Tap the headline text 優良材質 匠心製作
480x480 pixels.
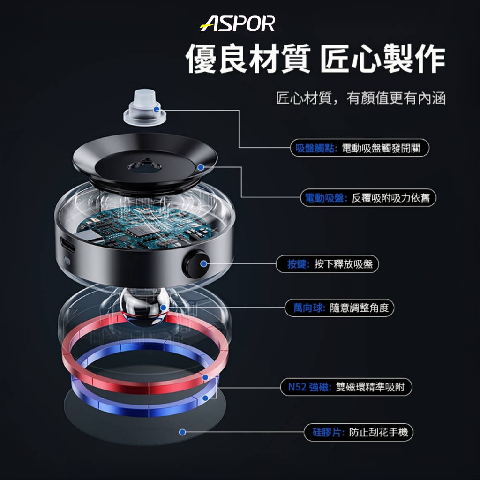(x=315, y=59)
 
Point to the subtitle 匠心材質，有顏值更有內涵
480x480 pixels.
(x=360, y=98)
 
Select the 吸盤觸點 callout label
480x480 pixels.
(x=360, y=148)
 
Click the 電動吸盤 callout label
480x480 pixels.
(x=368, y=198)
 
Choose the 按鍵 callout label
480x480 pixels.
(x=327, y=264)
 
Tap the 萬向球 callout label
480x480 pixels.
(x=339, y=307)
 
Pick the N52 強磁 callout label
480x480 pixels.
(x=346, y=387)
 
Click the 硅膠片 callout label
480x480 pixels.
(x=359, y=432)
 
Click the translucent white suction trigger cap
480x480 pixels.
(x=144, y=107)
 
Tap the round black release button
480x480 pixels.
(x=196, y=264)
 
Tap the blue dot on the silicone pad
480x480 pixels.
(x=182, y=432)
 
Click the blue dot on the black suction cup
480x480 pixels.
(x=201, y=167)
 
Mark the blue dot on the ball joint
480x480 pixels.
(x=164, y=307)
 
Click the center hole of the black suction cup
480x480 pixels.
(x=144, y=167)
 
